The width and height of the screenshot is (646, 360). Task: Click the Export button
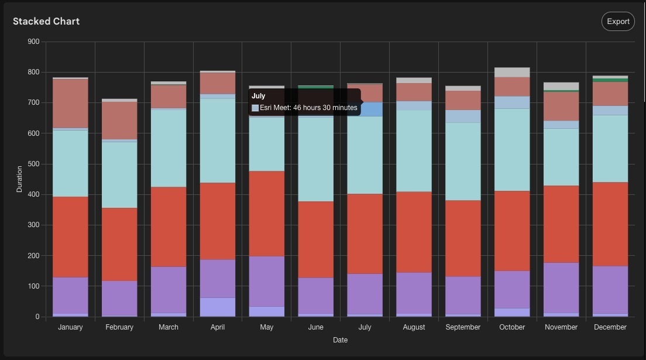(618, 22)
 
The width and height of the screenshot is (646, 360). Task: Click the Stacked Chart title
(46, 21)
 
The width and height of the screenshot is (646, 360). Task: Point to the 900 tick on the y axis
(33, 42)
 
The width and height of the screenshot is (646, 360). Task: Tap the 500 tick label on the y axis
(33, 164)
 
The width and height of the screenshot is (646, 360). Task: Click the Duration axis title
(19, 179)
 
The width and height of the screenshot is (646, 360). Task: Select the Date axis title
(340, 340)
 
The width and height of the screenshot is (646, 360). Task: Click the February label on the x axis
(119, 327)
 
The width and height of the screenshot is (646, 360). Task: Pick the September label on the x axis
(463, 327)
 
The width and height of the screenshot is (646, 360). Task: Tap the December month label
(610, 327)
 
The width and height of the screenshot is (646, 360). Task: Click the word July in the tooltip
(259, 96)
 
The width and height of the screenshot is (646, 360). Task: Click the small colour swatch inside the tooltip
(255, 108)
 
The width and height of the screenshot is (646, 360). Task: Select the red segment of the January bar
(70, 237)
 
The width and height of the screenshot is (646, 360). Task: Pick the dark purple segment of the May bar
(267, 281)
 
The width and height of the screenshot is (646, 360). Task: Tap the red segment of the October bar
(512, 231)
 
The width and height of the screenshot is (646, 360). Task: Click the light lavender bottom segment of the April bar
(218, 307)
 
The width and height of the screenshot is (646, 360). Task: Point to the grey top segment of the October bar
(512, 73)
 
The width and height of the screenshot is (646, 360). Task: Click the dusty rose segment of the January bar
(70, 103)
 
